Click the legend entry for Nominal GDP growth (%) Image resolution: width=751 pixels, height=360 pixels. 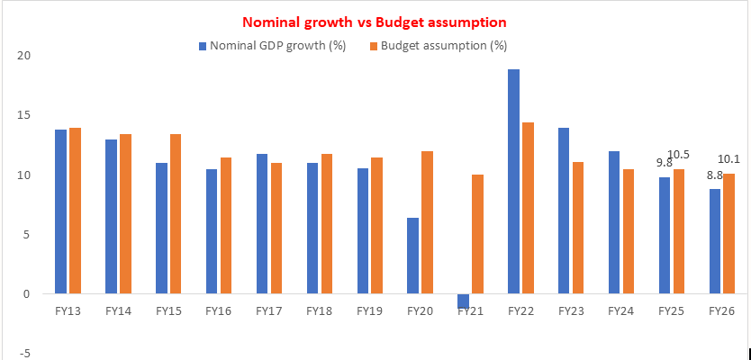[x=271, y=45]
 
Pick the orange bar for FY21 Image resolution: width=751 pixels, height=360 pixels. [x=478, y=234]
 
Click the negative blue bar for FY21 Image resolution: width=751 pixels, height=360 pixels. [x=464, y=301]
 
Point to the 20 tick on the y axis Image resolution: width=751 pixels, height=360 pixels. [x=24, y=56]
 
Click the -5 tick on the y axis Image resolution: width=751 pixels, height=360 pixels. [x=26, y=354]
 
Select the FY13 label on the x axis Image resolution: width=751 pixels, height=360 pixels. [x=68, y=310]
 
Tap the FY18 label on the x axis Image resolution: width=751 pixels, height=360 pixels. [x=319, y=310]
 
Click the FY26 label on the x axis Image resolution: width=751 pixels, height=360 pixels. [x=721, y=310]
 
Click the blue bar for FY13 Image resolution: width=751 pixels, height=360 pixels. [x=61, y=211]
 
